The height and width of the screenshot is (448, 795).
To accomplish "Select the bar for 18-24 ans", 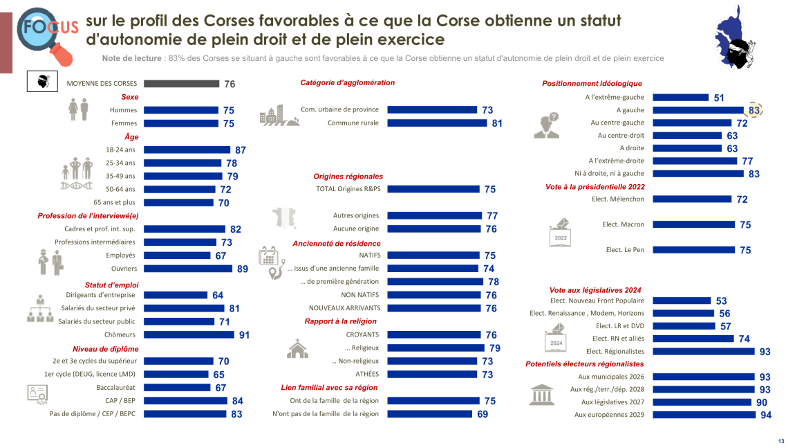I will click(x=187, y=150).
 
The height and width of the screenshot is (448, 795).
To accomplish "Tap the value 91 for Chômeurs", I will click(x=243, y=335).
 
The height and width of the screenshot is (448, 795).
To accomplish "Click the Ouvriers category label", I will click(x=124, y=269).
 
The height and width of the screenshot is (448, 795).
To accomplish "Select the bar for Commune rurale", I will click(x=437, y=123).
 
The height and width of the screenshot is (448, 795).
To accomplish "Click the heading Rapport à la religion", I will click(x=341, y=321).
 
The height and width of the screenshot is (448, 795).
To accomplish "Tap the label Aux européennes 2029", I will click(x=609, y=415).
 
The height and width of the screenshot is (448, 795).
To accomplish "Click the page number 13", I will click(x=781, y=442).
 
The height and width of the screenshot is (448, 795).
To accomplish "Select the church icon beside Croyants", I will click(x=297, y=348).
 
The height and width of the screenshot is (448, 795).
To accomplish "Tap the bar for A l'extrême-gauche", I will click(x=680, y=98).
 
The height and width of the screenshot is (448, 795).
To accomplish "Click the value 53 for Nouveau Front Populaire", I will click(x=721, y=301).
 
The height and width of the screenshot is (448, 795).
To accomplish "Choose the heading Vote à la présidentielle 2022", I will click(x=595, y=187).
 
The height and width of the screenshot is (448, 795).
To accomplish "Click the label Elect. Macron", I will click(x=624, y=224).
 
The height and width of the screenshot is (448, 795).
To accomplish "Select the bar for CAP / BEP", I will click(x=185, y=401).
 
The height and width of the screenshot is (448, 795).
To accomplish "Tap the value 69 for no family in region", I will click(x=482, y=414).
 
